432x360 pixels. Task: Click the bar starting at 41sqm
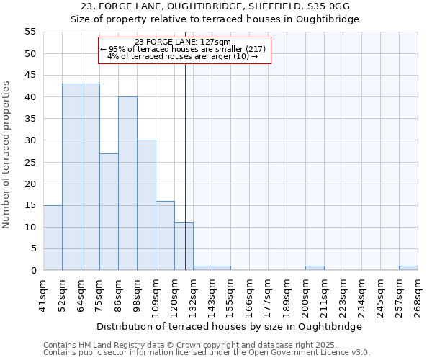pos(53,238)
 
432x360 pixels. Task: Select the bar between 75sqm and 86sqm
pos(109,212)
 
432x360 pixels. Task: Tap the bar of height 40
pos(127,184)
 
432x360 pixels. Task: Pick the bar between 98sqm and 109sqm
pos(146,205)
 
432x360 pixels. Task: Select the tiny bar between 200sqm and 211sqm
pos(315,268)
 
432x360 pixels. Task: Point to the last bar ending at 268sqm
pos(408,268)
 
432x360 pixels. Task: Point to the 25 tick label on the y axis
pos(30,162)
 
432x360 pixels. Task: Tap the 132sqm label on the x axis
pos(193,295)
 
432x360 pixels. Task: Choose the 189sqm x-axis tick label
pos(287,295)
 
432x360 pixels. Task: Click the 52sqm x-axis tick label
pos(62,295)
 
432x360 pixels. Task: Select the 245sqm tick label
pos(380,295)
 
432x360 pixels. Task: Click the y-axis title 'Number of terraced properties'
pos(7,154)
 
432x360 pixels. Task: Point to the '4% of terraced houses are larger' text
pos(183,56)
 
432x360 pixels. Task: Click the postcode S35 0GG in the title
pos(324,6)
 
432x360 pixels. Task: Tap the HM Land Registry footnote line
pos(190,345)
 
